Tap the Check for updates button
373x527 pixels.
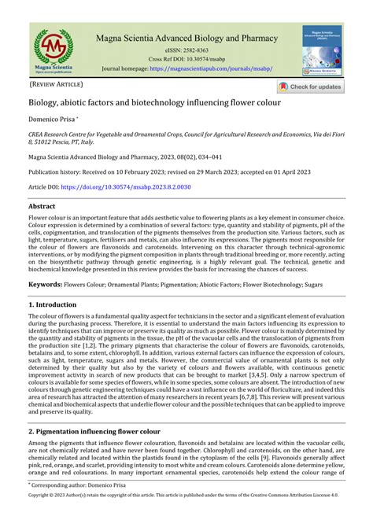pyautogui.click(x=310, y=87)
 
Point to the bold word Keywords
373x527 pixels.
pyautogui.click(x=46, y=283)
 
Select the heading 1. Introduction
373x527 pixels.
pyautogui.click(x=55, y=303)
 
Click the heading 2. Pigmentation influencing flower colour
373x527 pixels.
pyautogui.click(x=94, y=432)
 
